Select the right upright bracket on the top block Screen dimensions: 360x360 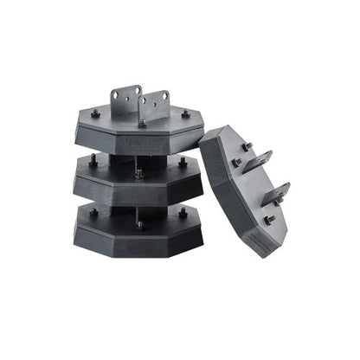(x=156, y=106)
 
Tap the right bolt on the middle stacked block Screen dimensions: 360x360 (x=183, y=164)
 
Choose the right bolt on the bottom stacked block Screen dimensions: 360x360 (x=183, y=211)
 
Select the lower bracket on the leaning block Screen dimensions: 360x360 (x=276, y=192)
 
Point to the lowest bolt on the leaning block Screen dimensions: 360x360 (x=268, y=222)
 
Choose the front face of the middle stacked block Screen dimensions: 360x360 (x=138, y=191)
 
